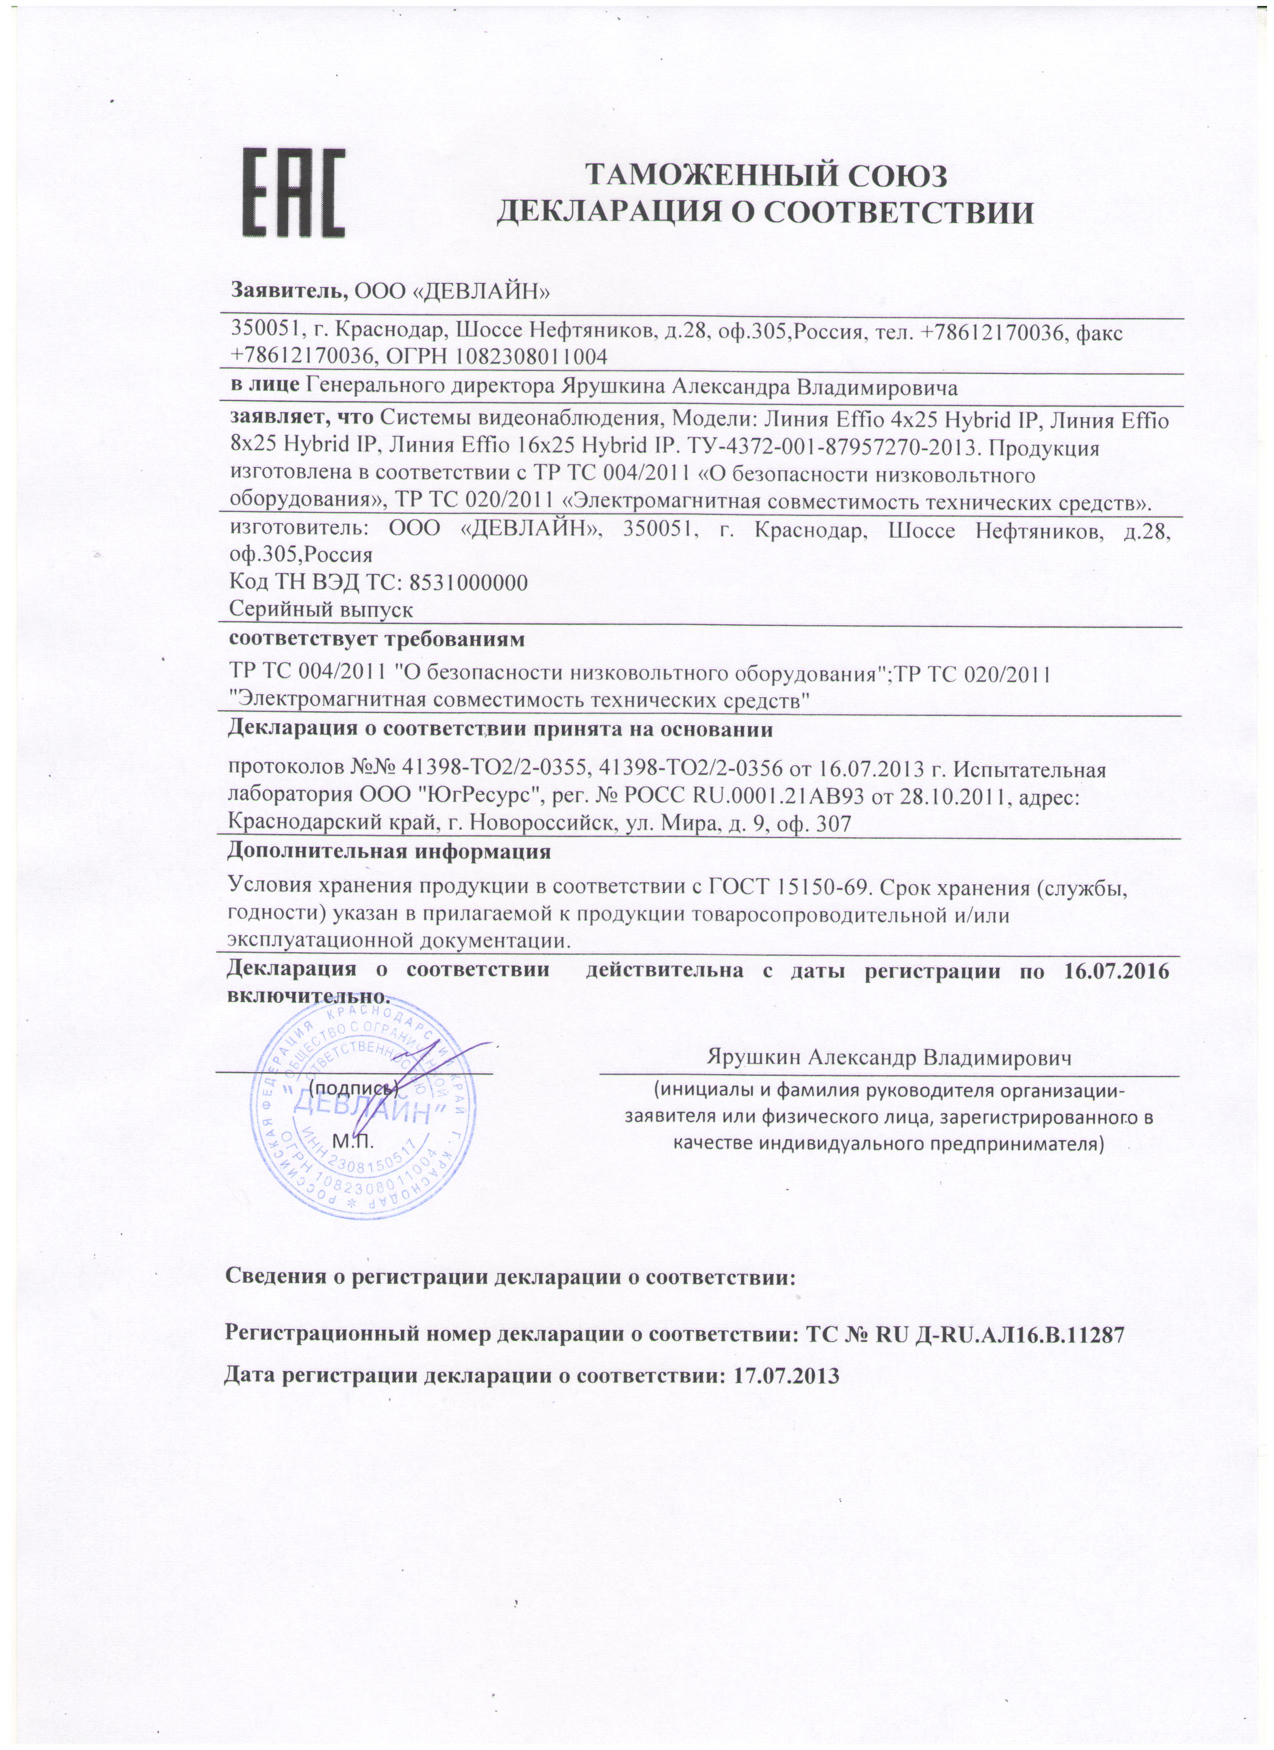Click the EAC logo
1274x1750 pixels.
pyautogui.click(x=294, y=193)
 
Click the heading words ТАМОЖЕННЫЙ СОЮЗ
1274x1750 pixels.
pyautogui.click(x=765, y=176)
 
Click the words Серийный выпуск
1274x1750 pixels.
pyautogui.click(x=322, y=609)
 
